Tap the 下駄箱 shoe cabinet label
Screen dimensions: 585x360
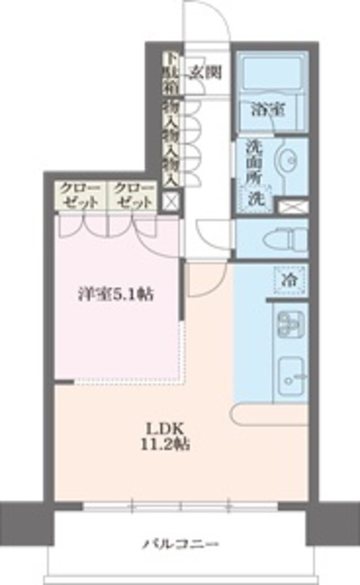pyautogui.click(x=169, y=74)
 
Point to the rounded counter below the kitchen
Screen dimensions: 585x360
pyautogui.click(x=270, y=416)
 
